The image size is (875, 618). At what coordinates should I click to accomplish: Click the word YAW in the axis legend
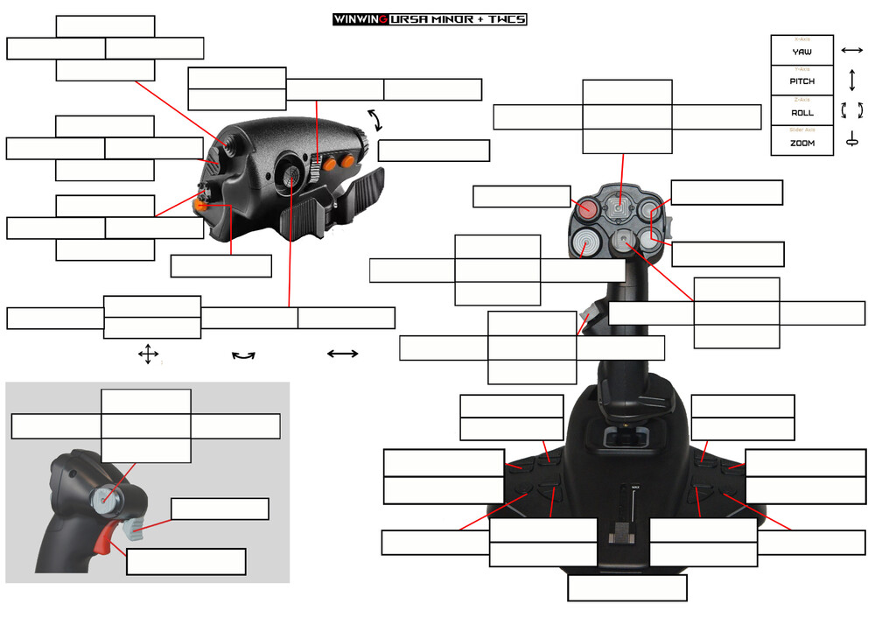[x=801, y=53]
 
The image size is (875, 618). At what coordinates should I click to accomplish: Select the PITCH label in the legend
[x=801, y=81]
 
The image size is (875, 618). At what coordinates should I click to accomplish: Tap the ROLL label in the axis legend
[x=801, y=113]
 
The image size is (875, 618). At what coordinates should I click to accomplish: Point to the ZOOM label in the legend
[x=801, y=143]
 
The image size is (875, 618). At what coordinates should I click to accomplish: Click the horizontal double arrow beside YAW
[x=851, y=51]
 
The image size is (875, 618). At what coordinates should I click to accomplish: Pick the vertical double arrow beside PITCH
[x=851, y=81]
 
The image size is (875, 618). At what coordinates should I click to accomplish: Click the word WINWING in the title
[x=359, y=19]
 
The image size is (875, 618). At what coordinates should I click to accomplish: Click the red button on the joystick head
[x=586, y=209]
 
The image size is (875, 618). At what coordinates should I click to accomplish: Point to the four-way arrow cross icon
[x=148, y=355]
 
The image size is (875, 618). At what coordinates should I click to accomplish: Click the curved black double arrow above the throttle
[x=375, y=120]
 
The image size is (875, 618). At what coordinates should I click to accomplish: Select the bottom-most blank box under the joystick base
[x=626, y=588]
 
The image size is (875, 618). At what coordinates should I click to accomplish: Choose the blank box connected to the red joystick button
[x=521, y=197]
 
